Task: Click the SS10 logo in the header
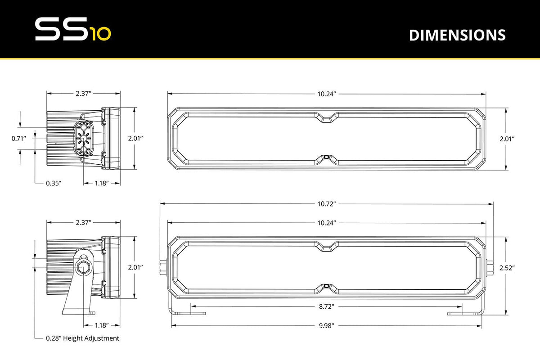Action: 72,30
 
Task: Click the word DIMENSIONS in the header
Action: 457,35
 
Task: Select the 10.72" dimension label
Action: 327,204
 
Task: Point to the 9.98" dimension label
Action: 327,325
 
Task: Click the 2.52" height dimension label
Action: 507,268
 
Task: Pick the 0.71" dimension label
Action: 19,139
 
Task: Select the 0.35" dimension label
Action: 54,184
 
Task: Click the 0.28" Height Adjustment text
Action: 82,338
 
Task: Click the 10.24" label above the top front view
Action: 327,94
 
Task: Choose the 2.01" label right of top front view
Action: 507,139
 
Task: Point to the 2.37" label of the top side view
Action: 84,94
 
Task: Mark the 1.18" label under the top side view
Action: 102,184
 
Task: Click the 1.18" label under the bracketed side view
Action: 102,325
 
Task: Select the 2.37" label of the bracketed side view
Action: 84,222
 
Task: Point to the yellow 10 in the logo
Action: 100,35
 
